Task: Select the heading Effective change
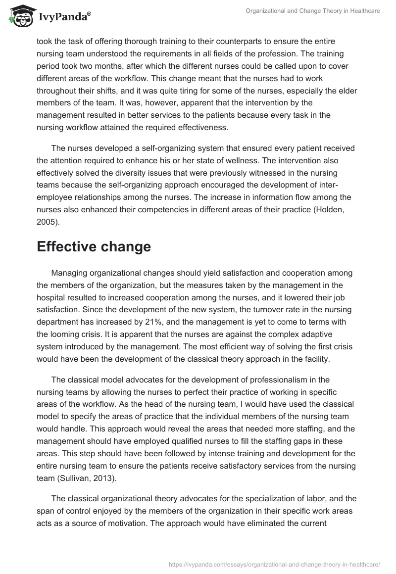(94, 247)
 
